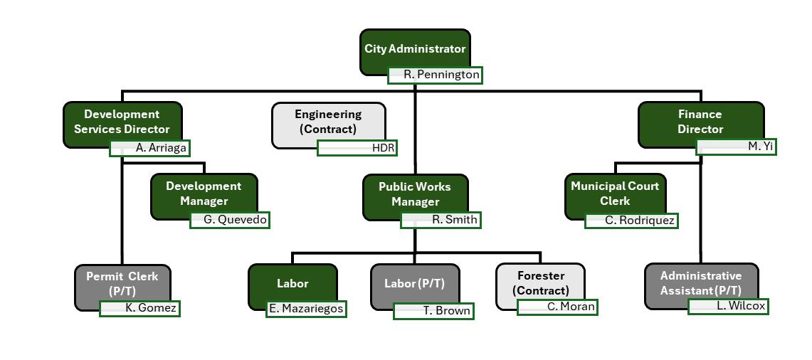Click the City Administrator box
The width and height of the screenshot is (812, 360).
pos(415,48)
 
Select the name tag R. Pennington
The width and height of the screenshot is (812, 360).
pos(435,75)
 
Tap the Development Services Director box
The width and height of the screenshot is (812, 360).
pos(122,122)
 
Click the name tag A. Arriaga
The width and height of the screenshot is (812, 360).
pos(150,149)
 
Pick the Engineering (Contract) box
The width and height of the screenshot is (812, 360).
pos(329,122)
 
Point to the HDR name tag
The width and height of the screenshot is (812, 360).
pos(357,148)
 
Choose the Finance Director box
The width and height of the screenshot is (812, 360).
pos(700,122)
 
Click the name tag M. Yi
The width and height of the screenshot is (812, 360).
pos(736,147)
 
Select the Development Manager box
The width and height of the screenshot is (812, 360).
pos(204,193)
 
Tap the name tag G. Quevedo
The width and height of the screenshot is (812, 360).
pos(231,220)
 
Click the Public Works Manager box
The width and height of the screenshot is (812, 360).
pos(415,194)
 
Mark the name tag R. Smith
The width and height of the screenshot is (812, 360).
pos(441,220)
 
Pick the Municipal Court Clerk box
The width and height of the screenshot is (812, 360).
pos(615,193)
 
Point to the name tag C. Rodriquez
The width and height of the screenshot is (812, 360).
pos(631,221)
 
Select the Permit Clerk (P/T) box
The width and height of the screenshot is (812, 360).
pos(122,283)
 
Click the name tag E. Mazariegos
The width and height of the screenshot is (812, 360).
pos(306,309)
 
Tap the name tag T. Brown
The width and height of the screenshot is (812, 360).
pos(433,311)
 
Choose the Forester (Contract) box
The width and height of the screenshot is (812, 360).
pos(541,282)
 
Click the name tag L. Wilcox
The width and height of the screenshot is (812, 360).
pos(728,307)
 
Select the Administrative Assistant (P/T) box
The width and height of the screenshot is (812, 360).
pos(701,282)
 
